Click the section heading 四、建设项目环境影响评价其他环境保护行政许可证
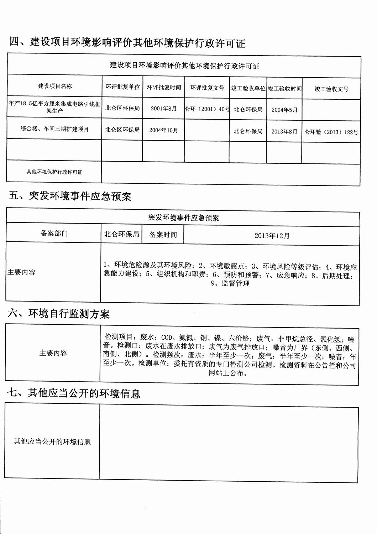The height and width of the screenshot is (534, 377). [x=127, y=42]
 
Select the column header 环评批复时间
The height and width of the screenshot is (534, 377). [x=164, y=87]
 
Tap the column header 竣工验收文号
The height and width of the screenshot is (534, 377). [x=331, y=89]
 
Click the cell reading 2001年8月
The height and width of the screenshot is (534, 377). [x=163, y=109]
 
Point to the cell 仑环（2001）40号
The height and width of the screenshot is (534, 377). [x=207, y=109]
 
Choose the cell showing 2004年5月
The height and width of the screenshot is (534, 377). [x=284, y=110]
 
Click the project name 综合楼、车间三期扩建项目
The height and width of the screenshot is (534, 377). [x=54, y=129]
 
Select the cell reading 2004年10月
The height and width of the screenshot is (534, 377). [x=163, y=130]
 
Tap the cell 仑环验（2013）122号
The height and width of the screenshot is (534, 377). [x=331, y=132]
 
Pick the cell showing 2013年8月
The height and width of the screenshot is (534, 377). [x=284, y=131]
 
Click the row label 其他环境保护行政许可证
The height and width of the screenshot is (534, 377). [x=54, y=172]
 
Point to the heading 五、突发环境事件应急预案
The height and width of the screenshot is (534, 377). [x=70, y=196]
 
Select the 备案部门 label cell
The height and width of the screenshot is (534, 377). [x=54, y=233]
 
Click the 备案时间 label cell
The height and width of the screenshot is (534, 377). [x=163, y=235]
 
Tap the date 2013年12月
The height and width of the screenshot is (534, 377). [x=272, y=236]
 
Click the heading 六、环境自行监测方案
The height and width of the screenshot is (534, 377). [x=59, y=314]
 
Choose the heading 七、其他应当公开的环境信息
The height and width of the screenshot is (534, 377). [x=74, y=393]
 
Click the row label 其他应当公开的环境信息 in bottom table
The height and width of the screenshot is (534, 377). [x=52, y=442]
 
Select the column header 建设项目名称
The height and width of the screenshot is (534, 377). [x=55, y=86]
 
